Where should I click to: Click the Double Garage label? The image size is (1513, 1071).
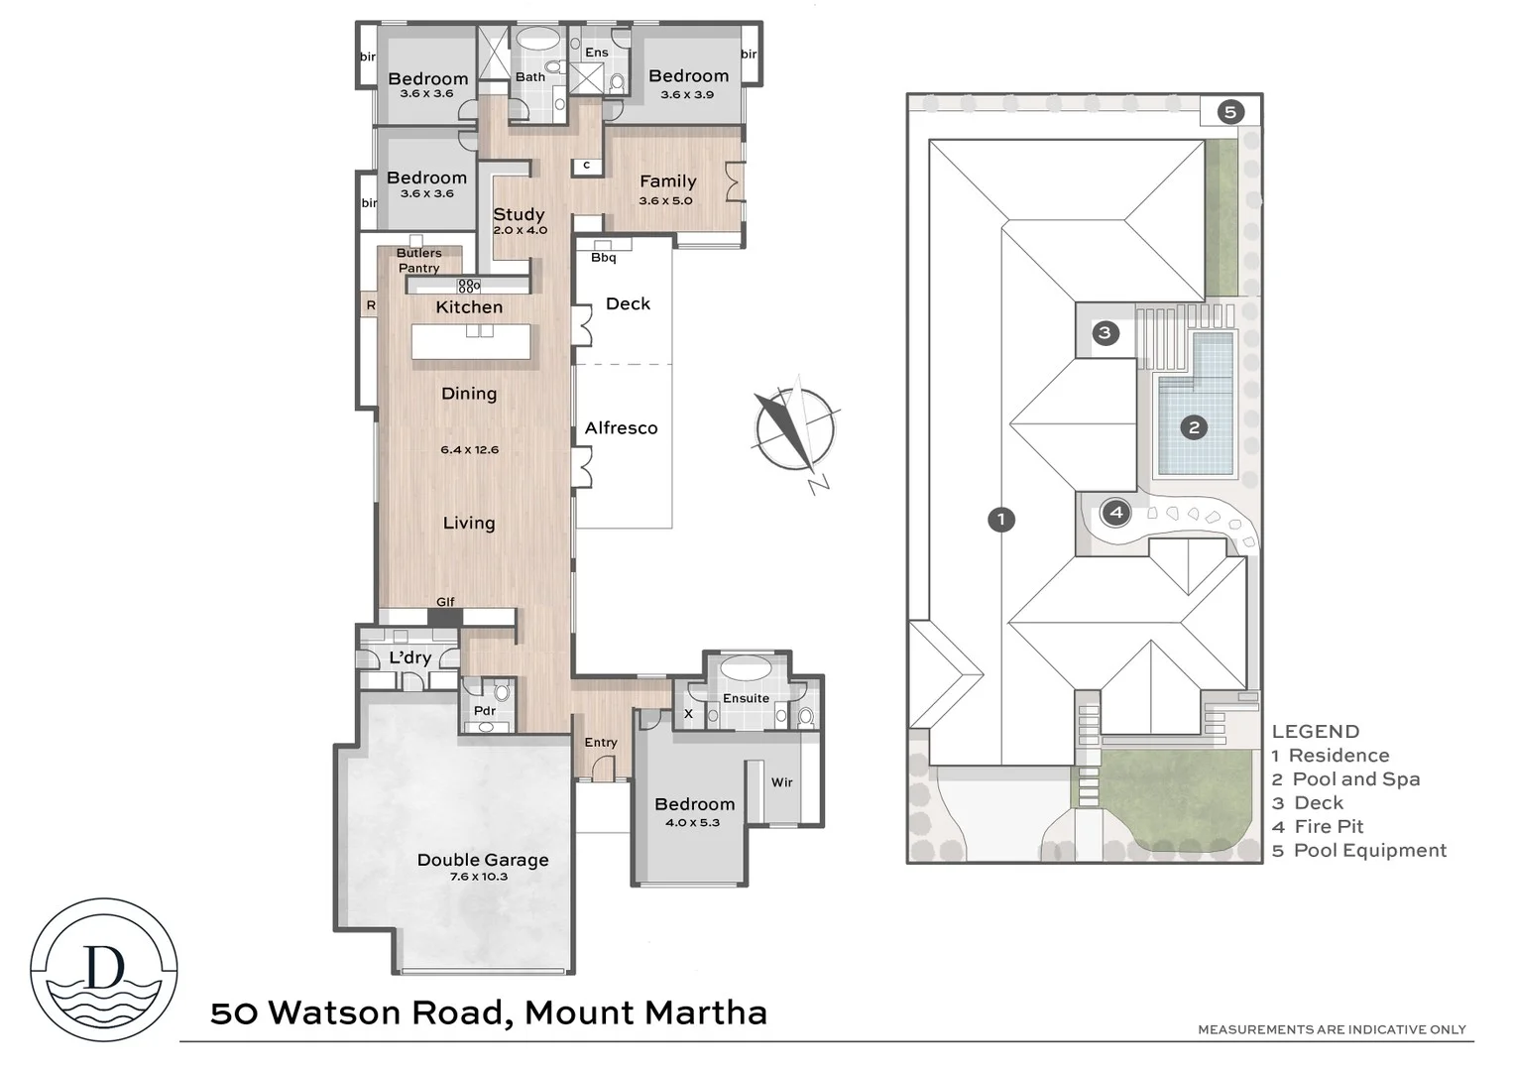483,860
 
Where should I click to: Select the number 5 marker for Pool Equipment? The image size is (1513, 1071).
1229,112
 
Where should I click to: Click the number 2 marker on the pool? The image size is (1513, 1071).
1194,427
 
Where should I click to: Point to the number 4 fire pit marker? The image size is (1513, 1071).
1117,513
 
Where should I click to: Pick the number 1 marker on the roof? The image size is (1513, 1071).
1001,519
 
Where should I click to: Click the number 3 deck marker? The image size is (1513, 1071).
1106,332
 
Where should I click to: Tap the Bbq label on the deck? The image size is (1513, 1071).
603,258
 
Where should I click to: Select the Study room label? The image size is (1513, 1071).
519,214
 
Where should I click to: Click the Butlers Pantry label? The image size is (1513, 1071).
419,261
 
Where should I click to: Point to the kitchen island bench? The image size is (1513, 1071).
471,342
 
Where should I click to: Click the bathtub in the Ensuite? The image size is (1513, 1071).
745,666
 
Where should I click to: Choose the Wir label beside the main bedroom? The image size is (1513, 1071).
782,782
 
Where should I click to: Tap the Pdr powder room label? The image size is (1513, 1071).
485,710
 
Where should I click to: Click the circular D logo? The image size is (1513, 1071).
104,970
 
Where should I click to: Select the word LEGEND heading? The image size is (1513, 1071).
1315,732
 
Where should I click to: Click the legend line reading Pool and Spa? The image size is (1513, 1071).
1355,779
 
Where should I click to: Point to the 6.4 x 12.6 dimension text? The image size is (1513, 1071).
469,449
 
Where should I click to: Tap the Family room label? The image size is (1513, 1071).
667,181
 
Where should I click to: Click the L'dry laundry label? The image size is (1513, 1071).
409,657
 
